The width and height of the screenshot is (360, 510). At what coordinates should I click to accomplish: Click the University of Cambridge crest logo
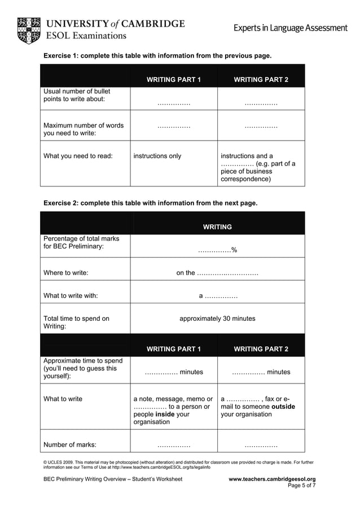click(x=28, y=30)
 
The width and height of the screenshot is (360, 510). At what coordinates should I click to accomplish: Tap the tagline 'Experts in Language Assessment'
click(x=291, y=28)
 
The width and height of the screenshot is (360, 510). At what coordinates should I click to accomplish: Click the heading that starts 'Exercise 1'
click(x=157, y=56)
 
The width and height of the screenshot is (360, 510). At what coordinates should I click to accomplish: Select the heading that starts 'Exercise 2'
click(x=150, y=203)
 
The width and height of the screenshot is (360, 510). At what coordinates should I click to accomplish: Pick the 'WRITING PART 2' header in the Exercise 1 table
click(x=261, y=80)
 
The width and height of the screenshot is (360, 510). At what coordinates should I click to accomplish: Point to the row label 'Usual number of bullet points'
click(x=77, y=95)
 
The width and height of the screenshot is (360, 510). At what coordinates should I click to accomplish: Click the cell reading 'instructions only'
click(x=157, y=156)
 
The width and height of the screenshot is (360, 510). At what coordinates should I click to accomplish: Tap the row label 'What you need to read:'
click(x=78, y=156)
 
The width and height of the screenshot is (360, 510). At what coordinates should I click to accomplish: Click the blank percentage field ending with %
click(x=217, y=250)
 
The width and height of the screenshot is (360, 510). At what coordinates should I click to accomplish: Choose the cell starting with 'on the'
click(x=217, y=273)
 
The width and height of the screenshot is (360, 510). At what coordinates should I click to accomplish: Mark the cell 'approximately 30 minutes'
click(x=217, y=319)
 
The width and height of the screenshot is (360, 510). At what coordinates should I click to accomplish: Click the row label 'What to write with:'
click(x=71, y=295)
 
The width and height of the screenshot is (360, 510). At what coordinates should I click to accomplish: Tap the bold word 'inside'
click(x=164, y=414)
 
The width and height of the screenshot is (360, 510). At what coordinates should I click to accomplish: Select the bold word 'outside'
click(x=283, y=406)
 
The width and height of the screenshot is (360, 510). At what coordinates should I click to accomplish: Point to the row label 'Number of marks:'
click(x=70, y=444)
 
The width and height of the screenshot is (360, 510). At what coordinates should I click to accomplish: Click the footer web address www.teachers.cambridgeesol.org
click(x=271, y=479)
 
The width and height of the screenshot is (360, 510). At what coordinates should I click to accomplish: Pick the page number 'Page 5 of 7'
click(x=301, y=485)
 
